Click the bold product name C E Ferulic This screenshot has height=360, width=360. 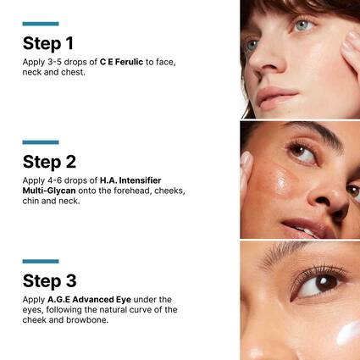tap(122, 63)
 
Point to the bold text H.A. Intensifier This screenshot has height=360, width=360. tap(129, 180)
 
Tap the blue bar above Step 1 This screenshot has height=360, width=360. tap(40, 24)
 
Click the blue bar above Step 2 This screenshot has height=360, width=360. tap(40, 142)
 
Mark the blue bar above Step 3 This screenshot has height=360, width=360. tap(40, 261)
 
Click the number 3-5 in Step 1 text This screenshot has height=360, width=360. tap(54, 63)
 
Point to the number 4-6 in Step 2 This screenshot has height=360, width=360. tap(54, 180)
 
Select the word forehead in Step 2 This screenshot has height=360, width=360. tap(141, 191)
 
